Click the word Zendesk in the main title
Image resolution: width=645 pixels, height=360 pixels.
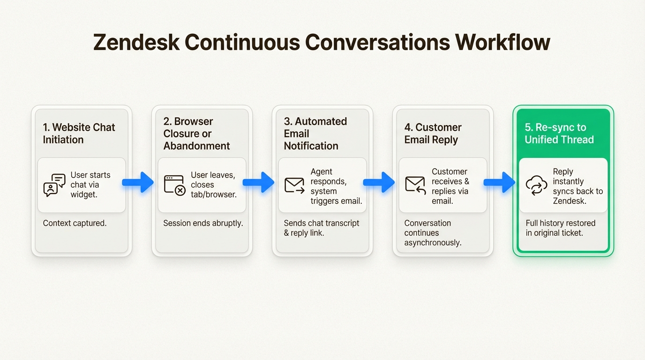pos(135,43)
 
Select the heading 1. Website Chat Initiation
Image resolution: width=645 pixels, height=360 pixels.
pos(79,134)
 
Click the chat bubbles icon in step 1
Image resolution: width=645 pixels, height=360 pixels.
pos(54,185)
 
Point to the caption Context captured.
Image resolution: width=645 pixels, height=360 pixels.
pos(75,223)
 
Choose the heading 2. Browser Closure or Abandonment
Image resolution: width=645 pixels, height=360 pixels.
pos(197,134)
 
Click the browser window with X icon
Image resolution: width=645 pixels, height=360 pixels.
pos(174,185)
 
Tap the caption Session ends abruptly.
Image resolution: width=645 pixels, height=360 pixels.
pos(203,223)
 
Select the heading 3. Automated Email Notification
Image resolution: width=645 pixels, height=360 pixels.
pos(315,134)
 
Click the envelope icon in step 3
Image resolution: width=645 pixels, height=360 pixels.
pos(295,185)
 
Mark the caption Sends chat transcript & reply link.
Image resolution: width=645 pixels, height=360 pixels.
pos(322,228)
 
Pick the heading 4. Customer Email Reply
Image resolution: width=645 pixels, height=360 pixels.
pos(433,134)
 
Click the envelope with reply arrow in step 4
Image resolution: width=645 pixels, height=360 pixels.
pos(415,185)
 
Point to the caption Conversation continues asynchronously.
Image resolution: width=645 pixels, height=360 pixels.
pos(433,232)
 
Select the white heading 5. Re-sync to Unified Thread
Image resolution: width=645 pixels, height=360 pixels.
pos(559,134)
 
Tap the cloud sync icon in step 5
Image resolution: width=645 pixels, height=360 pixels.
pos(536,185)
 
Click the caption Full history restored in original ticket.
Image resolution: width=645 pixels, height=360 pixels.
pos(561,228)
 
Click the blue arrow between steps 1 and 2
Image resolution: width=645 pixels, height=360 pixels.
pos(138,182)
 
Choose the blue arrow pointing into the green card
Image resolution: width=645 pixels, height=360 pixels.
pos(500,182)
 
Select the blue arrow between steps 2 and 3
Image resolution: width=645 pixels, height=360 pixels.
pos(259,182)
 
